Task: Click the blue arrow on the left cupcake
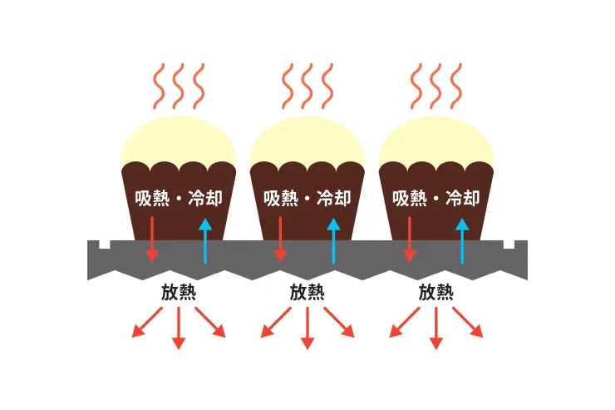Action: (x=204, y=241)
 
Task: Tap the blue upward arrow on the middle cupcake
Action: (x=333, y=241)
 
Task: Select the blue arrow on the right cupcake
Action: (x=462, y=241)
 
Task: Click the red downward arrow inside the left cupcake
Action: (x=152, y=239)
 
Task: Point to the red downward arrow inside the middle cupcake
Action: (x=280, y=239)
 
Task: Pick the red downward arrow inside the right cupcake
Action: (x=410, y=239)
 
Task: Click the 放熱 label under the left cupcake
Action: (x=179, y=292)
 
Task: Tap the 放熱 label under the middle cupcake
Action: (x=307, y=292)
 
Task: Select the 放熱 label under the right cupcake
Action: (x=435, y=292)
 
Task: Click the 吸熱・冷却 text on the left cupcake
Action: (x=179, y=198)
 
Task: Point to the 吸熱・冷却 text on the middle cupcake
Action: (x=307, y=198)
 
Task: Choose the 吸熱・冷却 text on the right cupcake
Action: (x=435, y=198)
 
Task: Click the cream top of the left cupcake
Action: (x=179, y=142)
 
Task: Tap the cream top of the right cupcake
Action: (x=435, y=142)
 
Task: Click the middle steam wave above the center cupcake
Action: (x=307, y=86)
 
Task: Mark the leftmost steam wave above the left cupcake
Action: (x=159, y=86)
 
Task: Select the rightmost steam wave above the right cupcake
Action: (x=455, y=86)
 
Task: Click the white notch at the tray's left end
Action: (x=105, y=245)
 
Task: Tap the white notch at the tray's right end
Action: (x=509, y=245)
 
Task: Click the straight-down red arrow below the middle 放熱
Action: (x=307, y=328)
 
